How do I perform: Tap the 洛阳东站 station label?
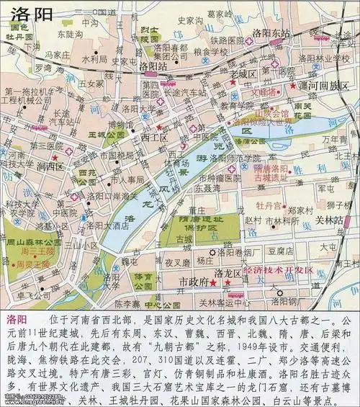[271, 33]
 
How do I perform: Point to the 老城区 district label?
[243, 73]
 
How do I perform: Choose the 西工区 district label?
[154, 135]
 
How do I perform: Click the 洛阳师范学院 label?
[239, 158]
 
